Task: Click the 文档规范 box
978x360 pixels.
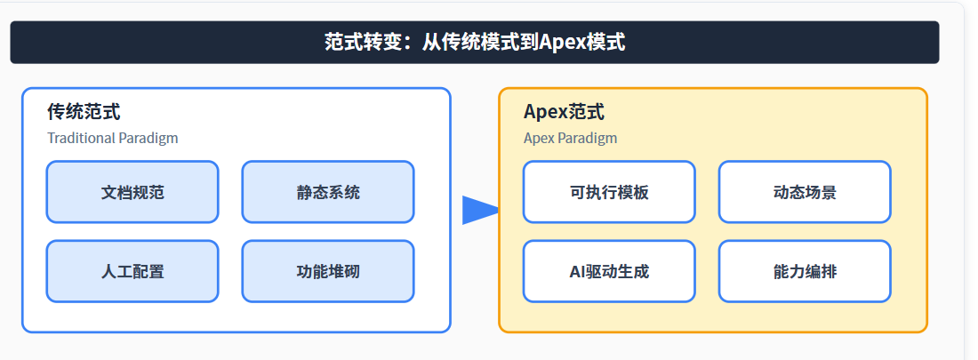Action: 132,192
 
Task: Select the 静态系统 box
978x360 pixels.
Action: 328,192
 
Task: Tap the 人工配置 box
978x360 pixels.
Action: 132,271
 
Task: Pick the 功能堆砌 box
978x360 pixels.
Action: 328,271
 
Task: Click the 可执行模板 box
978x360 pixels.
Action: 609,192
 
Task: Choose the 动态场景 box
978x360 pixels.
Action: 805,192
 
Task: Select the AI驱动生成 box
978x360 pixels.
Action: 609,271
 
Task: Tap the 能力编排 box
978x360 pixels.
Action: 805,271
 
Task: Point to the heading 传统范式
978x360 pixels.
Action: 84,113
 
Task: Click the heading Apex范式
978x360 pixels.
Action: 564,113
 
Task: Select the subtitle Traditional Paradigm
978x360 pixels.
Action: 113,138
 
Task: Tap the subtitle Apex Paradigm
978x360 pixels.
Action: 570,138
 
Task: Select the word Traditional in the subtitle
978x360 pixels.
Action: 81,138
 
